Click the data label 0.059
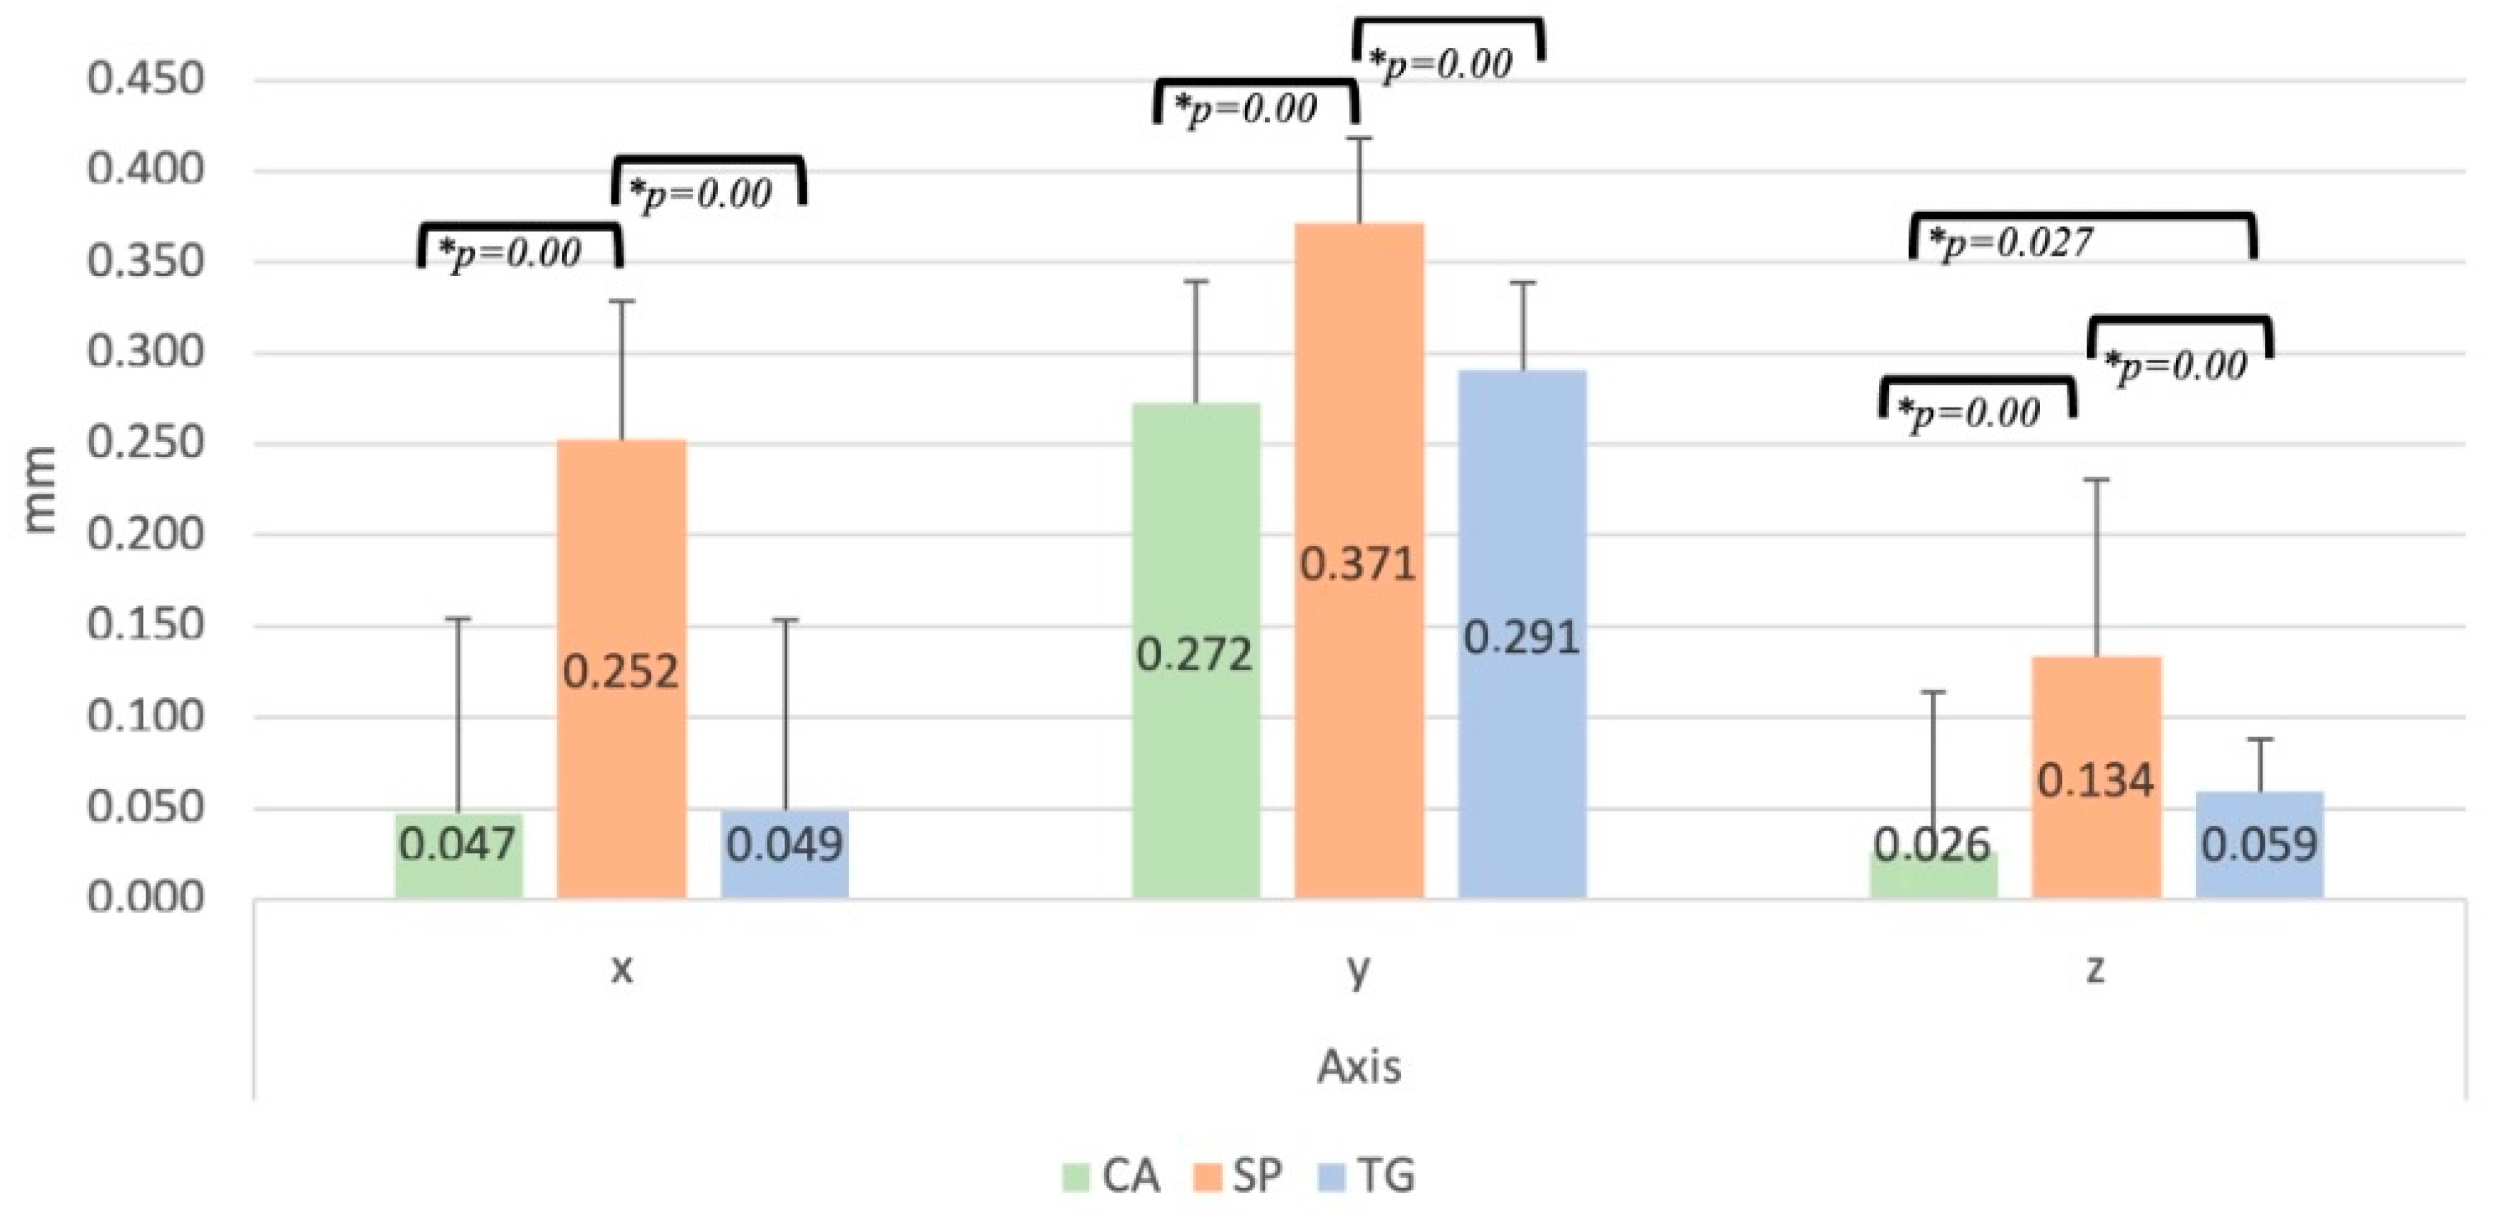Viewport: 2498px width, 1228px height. (x=2259, y=845)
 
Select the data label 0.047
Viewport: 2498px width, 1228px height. (x=457, y=845)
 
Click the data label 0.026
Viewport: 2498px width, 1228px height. (x=1933, y=845)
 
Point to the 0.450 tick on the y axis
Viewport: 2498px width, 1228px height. (x=146, y=80)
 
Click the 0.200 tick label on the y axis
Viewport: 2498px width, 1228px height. (x=146, y=535)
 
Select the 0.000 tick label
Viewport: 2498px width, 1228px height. (x=146, y=898)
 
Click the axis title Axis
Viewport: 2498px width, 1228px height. (x=1359, y=1067)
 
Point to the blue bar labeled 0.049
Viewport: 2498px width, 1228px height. (x=784, y=854)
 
